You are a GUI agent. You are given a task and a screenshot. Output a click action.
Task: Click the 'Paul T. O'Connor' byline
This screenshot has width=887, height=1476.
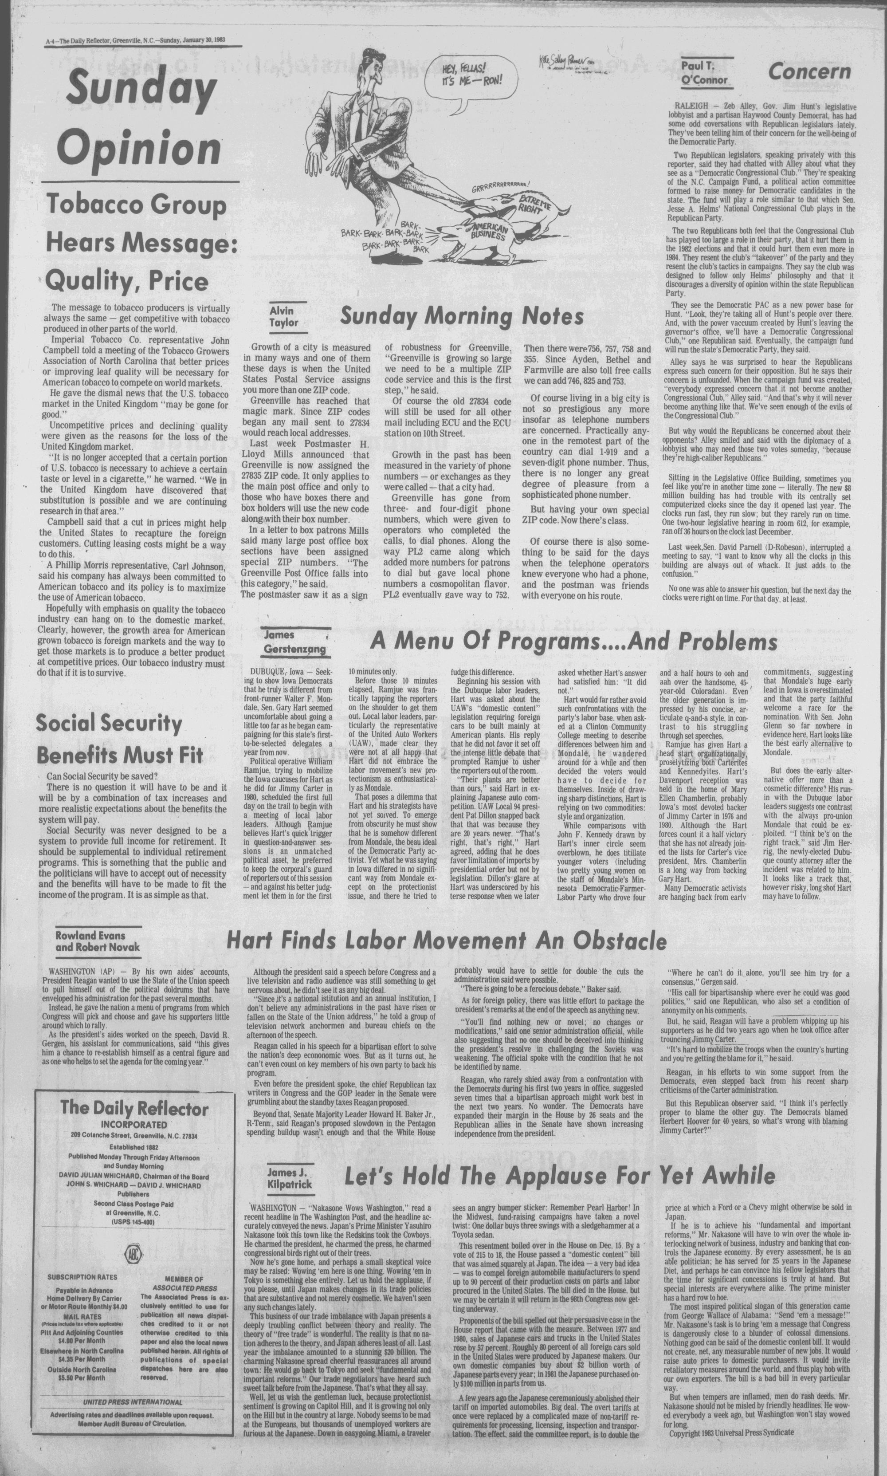point(705,73)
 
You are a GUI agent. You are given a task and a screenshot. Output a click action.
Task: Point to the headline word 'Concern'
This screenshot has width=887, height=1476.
point(809,72)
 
